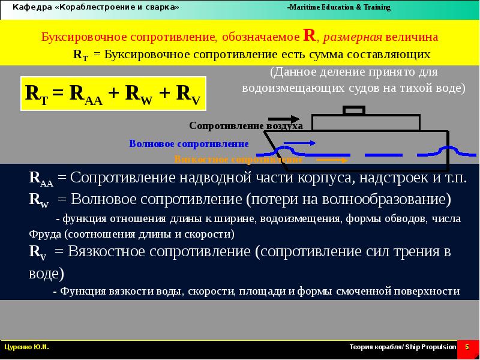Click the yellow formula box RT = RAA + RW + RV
(x=113, y=94)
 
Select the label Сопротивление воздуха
(x=245, y=125)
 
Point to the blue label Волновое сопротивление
(x=188, y=144)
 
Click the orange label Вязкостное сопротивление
(x=238, y=160)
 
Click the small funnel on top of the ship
(x=353, y=110)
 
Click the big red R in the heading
(x=310, y=35)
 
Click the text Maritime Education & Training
(x=339, y=8)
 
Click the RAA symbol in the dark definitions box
(x=41, y=179)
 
